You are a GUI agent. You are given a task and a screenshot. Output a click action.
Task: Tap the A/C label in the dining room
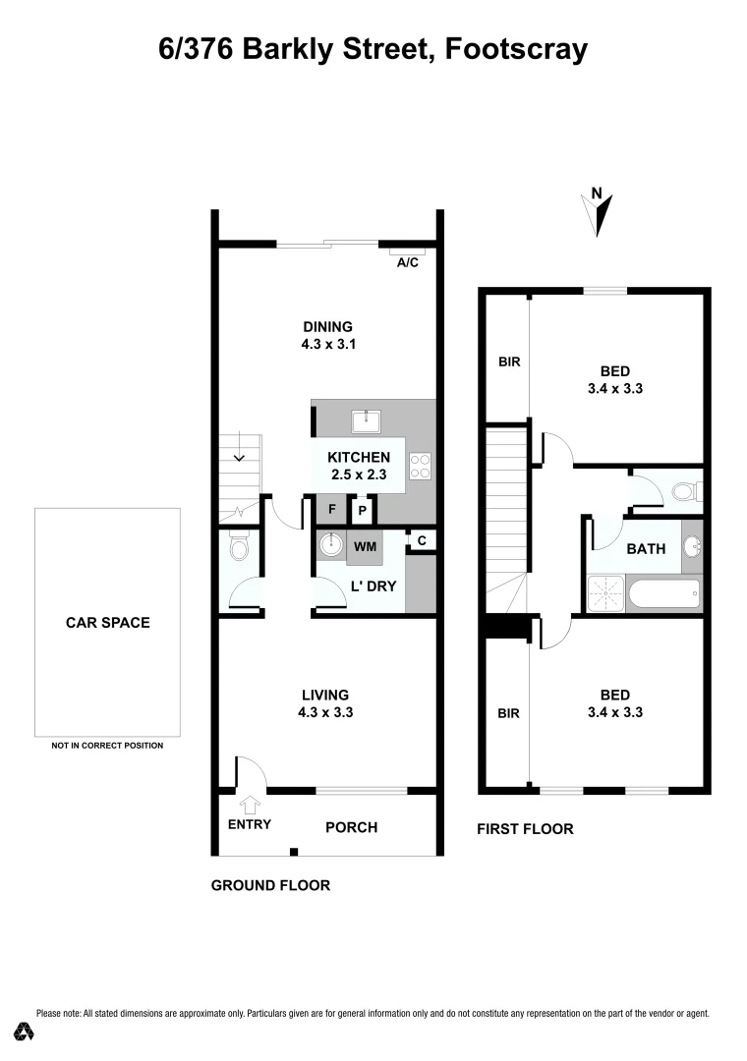[x=406, y=262]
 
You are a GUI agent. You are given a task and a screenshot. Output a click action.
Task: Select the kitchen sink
[x=367, y=422]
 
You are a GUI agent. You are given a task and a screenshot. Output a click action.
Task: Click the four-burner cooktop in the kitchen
[x=421, y=466]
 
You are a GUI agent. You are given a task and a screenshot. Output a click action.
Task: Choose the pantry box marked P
[x=362, y=511]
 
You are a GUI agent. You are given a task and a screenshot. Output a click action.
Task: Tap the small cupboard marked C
[x=421, y=540]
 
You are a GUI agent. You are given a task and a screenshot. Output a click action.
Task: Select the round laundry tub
[x=331, y=544]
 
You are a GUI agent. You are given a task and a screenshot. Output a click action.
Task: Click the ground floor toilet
[x=239, y=547]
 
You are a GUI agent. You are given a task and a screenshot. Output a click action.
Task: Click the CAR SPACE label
[x=107, y=622]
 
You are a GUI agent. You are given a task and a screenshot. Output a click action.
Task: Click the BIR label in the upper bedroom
[x=508, y=362]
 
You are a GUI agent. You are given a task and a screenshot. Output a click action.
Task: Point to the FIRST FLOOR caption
[x=525, y=829]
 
